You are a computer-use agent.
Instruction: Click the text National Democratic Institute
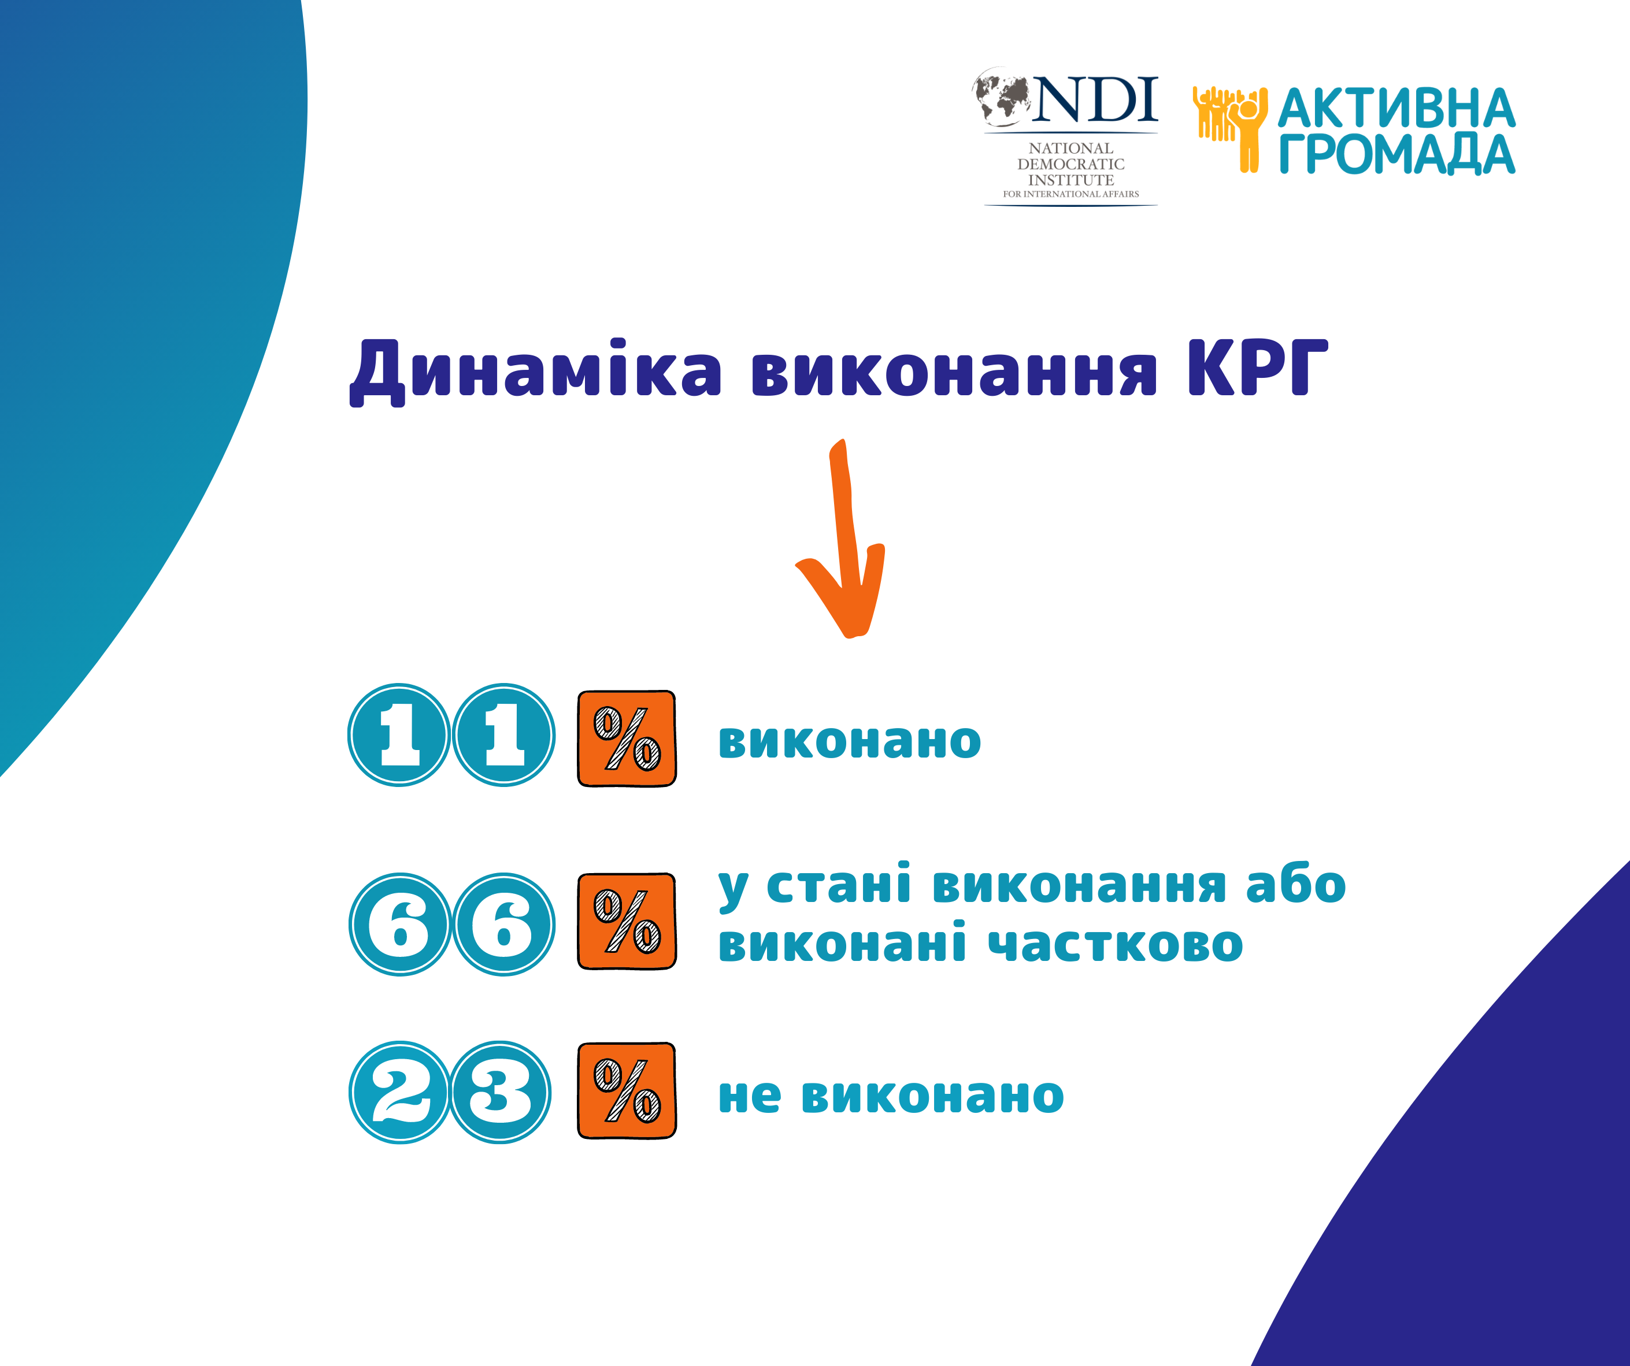point(1071,164)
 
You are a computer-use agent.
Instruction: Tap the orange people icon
point(1230,129)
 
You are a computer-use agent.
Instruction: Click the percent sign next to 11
point(627,738)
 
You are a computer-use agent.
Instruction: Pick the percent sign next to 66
point(627,921)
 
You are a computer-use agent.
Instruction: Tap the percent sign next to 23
point(627,1090)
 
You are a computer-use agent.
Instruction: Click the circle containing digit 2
point(400,1092)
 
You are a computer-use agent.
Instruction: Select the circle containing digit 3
point(501,1092)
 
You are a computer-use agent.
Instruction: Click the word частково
point(1116,944)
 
